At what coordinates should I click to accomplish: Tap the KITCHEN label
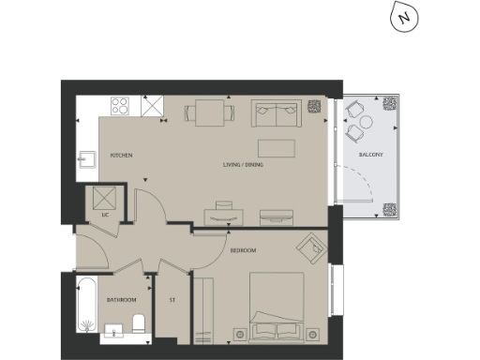(122, 154)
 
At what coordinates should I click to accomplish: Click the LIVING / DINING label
(241, 166)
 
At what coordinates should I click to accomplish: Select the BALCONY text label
(370, 154)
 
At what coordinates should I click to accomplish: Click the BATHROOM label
(121, 300)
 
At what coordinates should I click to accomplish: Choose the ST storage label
(172, 300)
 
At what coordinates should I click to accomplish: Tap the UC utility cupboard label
(106, 217)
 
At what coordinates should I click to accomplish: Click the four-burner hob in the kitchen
(121, 107)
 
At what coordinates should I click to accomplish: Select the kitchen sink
(85, 159)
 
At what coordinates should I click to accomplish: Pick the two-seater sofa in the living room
(277, 114)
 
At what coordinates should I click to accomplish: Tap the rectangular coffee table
(276, 148)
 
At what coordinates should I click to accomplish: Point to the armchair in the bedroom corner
(309, 248)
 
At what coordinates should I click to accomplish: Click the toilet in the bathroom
(138, 324)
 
